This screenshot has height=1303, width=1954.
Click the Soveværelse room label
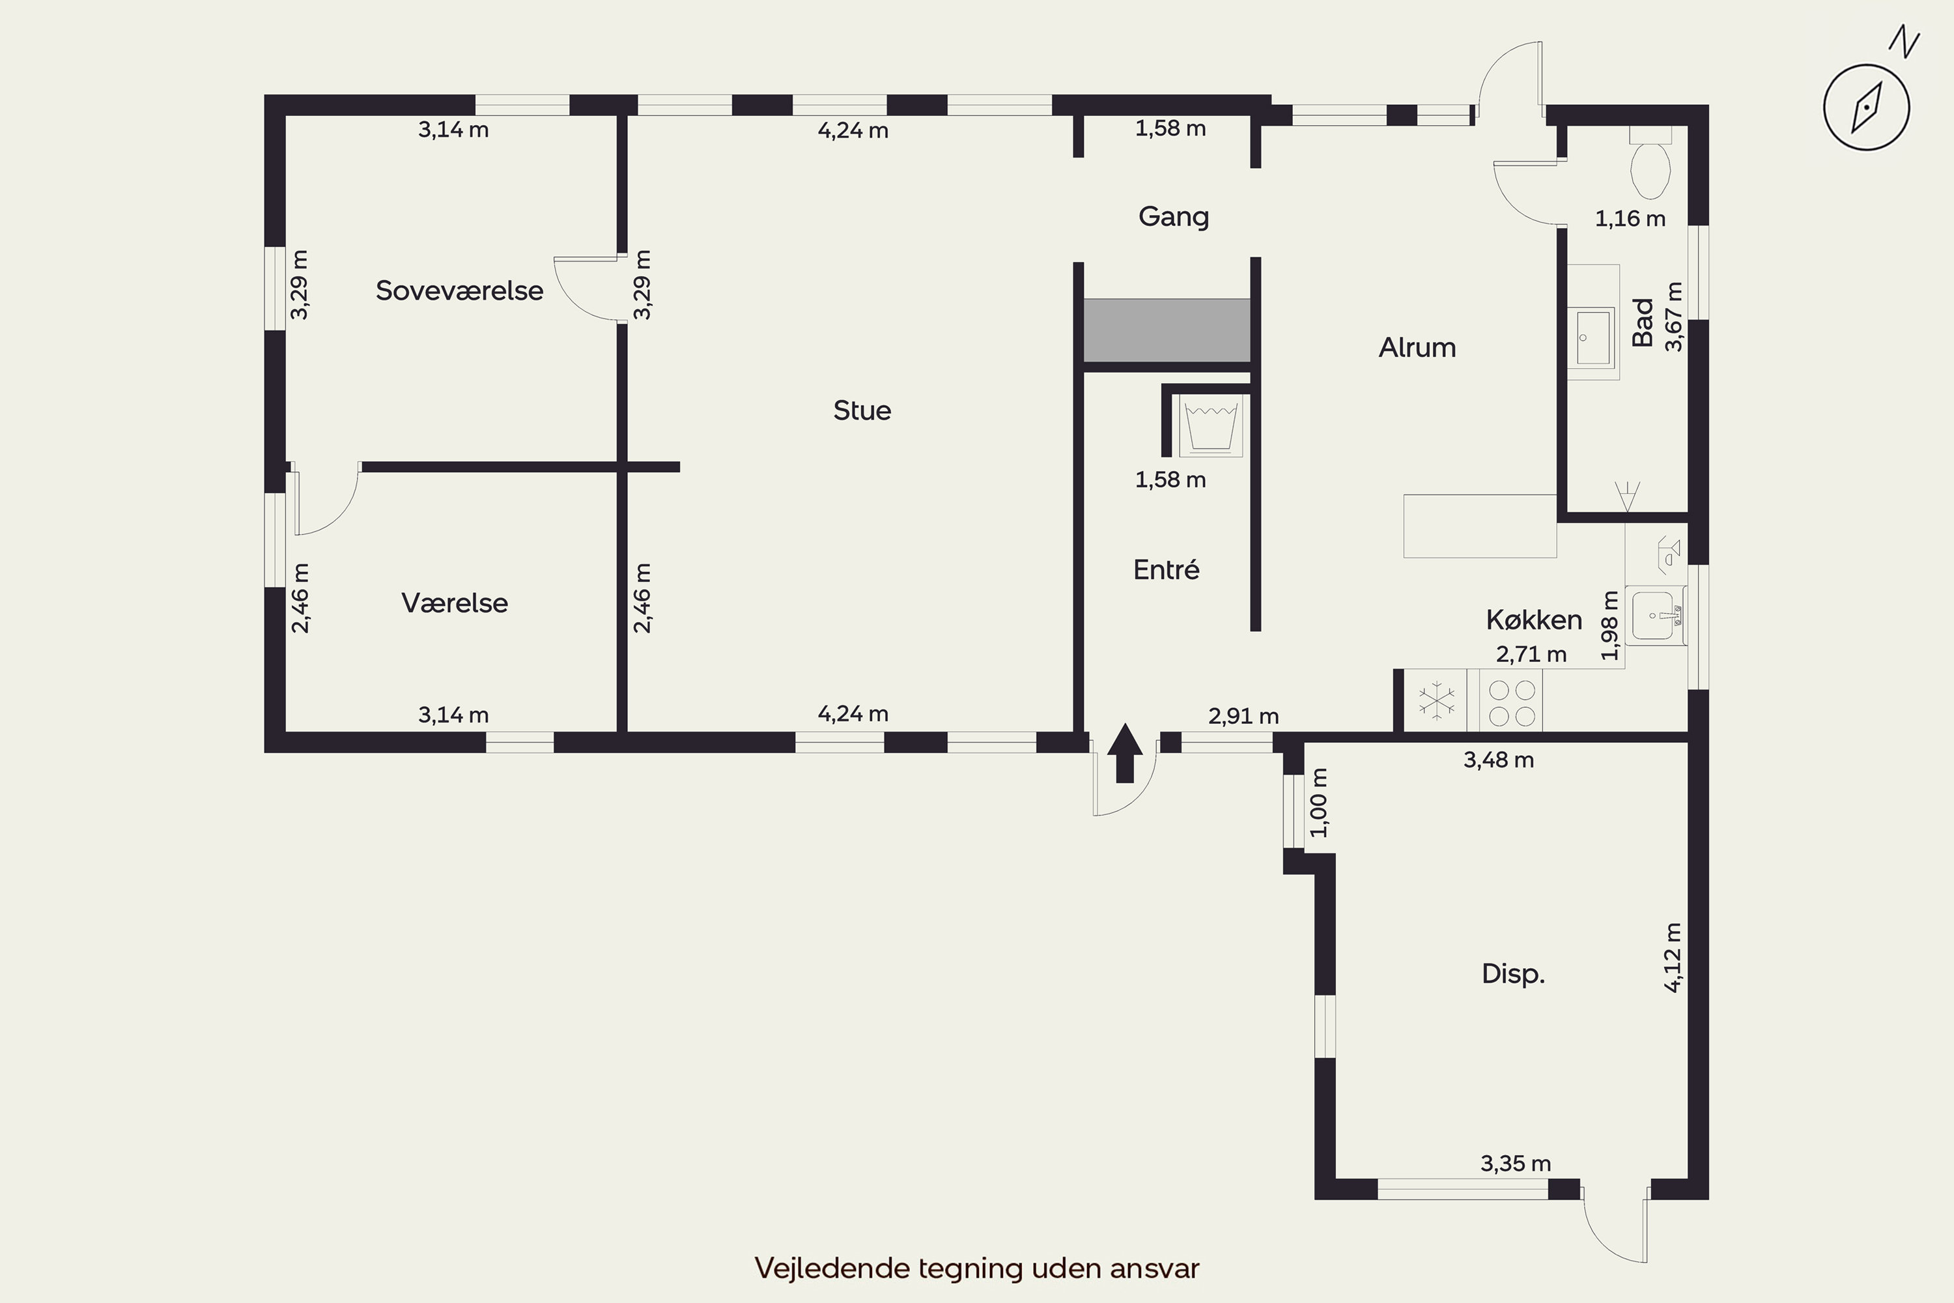[459, 291]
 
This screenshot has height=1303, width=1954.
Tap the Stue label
[862, 410]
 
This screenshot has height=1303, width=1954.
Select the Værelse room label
[455, 603]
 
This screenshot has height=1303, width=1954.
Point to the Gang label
[1173, 217]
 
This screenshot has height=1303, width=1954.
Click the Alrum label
[1417, 347]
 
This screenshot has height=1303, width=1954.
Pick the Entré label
[1167, 569]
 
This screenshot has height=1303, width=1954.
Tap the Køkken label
[1534, 620]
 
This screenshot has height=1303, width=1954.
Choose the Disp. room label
[1513, 974]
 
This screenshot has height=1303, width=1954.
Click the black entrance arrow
[1125, 753]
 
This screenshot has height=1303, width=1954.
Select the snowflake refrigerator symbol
[1436, 700]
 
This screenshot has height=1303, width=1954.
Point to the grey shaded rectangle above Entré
[1167, 330]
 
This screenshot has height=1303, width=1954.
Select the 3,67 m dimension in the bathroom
[1673, 317]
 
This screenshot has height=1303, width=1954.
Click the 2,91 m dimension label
[1243, 716]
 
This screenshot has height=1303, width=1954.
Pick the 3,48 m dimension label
[1498, 760]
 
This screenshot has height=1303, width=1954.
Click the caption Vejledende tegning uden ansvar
[977, 1268]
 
